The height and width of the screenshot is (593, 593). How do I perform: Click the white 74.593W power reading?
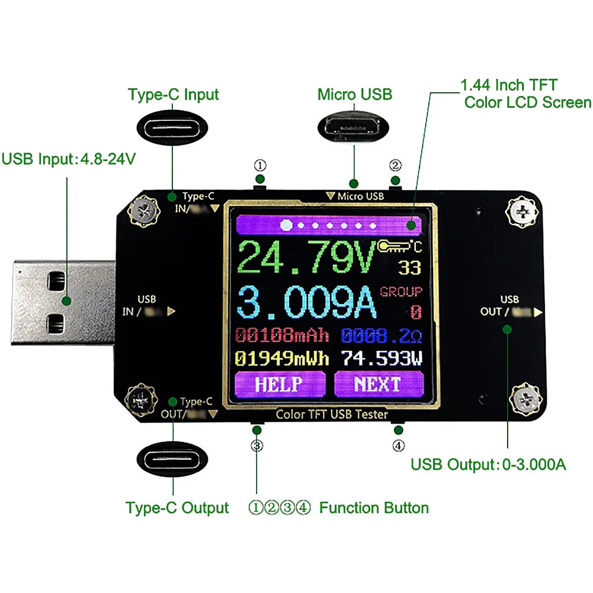[382, 358]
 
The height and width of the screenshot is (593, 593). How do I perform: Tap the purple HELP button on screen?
[279, 384]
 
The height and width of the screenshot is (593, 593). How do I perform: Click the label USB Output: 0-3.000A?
[488, 464]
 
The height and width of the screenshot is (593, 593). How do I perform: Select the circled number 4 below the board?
[399, 444]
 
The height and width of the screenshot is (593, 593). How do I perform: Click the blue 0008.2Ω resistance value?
[382, 336]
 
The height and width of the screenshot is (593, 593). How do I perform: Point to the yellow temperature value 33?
[409, 268]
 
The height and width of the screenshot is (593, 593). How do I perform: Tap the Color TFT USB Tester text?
[332, 414]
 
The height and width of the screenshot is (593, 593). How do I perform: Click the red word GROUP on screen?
[401, 291]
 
